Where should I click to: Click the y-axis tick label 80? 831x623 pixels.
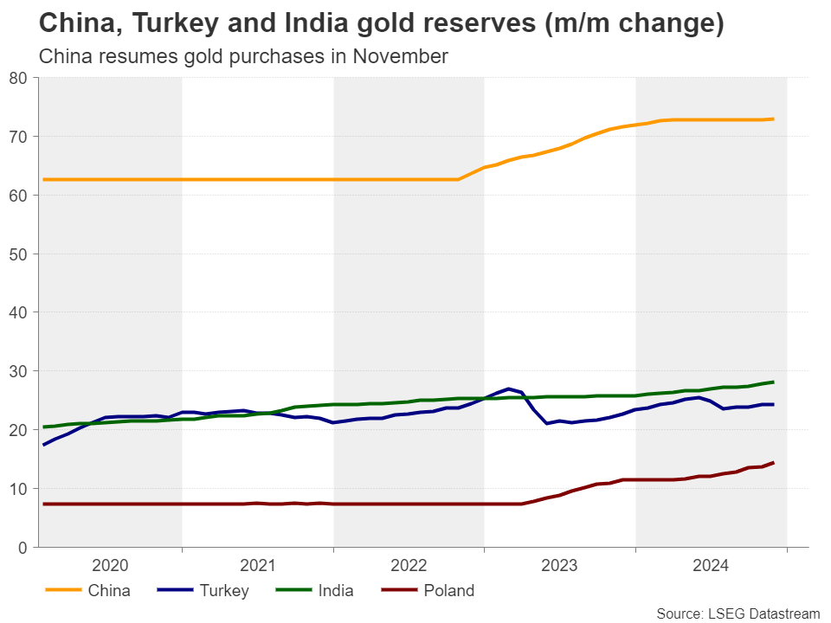click(x=20, y=78)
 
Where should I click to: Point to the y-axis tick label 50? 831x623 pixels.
click(x=20, y=254)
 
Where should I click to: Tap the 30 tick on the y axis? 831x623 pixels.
click(x=20, y=371)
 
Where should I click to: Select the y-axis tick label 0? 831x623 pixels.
click(x=24, y=548)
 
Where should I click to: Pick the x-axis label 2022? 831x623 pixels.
click(x=409, y=566)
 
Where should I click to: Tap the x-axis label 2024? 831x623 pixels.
click(x=711, y=566)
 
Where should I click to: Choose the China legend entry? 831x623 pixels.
click(x=109, y=592)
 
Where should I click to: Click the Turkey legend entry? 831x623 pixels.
click(x=223, y=592)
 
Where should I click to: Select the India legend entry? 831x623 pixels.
click(x=336, y=592)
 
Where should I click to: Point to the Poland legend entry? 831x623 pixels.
click(x=448, y=592)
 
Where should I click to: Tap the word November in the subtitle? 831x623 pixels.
click(x=403, y=57)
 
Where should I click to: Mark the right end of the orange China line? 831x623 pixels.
click(x=773, y=119)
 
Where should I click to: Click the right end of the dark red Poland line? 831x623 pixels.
click(x=773, y=463)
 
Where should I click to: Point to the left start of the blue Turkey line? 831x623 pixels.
click(x=43, y=445)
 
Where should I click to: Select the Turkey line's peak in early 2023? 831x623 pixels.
click(x=508, y=389)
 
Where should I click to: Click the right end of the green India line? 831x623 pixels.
click(x=773, y=382)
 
